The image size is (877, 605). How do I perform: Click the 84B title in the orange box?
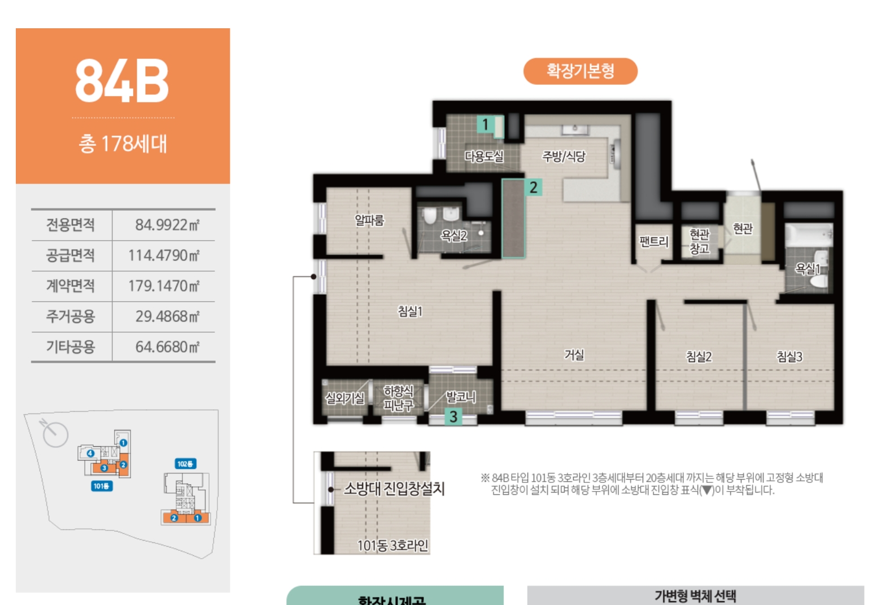point(122,81)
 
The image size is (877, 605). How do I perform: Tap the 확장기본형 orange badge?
point(580,71)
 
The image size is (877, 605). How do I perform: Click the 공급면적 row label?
point(71,255)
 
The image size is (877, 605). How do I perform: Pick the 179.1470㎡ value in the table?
point(164,286)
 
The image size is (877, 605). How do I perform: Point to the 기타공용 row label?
point(71,347)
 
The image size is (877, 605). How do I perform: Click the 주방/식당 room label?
point(564,156)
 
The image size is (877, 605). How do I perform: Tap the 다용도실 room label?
point(484,156)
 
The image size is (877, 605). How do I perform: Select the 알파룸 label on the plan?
point(369,220)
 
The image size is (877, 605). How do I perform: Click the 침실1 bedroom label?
point(410,311)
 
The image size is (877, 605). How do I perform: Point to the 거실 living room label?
point(574,355)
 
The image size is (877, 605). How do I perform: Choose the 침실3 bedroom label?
point(789,356)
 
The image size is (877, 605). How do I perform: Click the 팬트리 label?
point(654,242)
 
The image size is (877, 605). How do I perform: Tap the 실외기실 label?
point(344,398)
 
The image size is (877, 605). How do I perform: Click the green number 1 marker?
point(485,124)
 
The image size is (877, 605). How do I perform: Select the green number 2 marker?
point(534,187)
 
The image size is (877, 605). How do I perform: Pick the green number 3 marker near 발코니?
point(453,417)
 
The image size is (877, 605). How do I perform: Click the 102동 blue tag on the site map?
point(186,464)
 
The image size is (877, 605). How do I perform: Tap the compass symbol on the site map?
point(55,434)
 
